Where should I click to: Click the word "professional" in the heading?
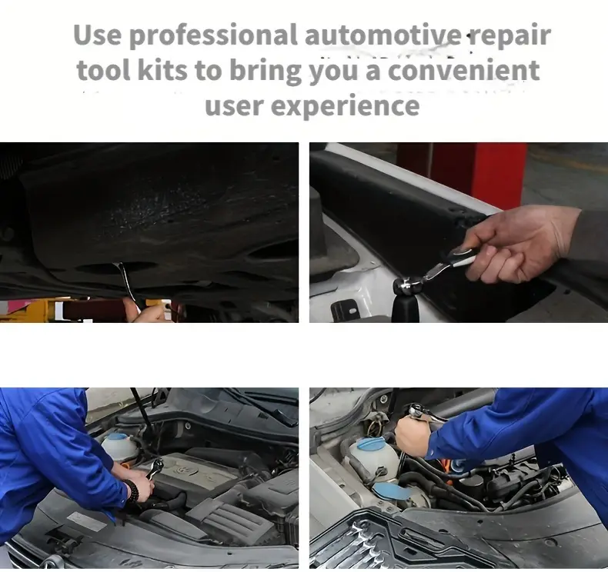point(213,35)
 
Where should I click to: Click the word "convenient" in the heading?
point(463,70)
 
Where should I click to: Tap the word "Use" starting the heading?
point(97,35)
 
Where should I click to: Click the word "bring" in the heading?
point(266,71)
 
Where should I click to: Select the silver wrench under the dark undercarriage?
point(128,283)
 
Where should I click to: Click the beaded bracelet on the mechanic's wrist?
point(132,491)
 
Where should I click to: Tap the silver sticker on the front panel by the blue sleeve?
point(85,521)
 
